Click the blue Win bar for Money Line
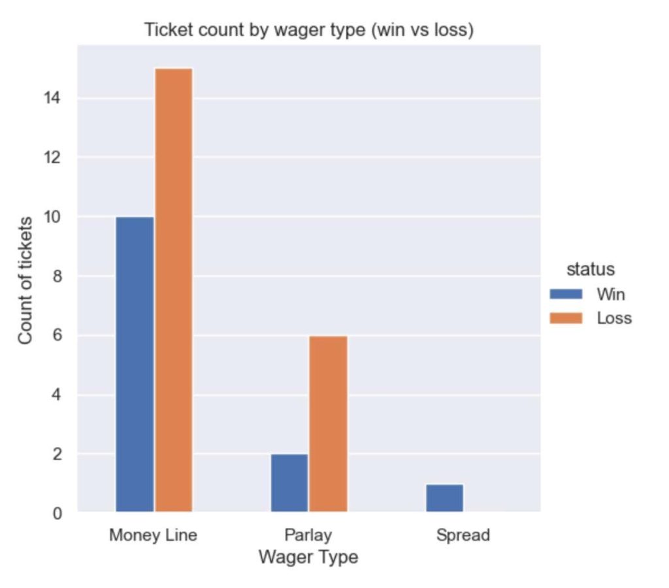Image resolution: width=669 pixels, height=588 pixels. [x=135, y=364]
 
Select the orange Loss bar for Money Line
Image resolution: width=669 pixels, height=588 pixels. [x=173, y=289]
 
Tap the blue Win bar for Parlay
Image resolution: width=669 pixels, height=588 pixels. [x=289, y=483]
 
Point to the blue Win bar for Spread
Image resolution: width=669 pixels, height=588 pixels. [x=444, y=498]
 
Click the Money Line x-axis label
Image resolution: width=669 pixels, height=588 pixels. [x=154, y=536]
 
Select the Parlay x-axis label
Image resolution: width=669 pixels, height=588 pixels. [x=308, y=536]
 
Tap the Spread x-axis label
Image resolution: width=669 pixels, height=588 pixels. [x=463, y=536]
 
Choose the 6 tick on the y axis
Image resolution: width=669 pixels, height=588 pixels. [x=57, y=336]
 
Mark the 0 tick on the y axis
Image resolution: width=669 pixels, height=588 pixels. [x=57, y=514]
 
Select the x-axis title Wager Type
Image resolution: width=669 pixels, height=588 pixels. [x=308, y=557]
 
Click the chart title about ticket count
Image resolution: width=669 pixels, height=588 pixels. [x=308, y=30]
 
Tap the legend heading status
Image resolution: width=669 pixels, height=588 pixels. [x=590, y=269]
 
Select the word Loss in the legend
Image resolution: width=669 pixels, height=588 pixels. [x=613, y=318]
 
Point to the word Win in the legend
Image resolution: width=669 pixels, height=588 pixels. [x=610, y=295]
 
